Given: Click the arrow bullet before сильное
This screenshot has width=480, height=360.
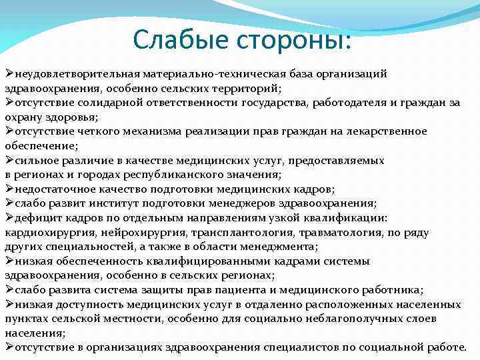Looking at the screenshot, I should [x=9, y=161].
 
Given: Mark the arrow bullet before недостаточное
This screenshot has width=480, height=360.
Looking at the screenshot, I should [x=9, y=189].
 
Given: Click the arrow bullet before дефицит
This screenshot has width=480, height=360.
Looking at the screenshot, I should [x=9, y=218].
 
